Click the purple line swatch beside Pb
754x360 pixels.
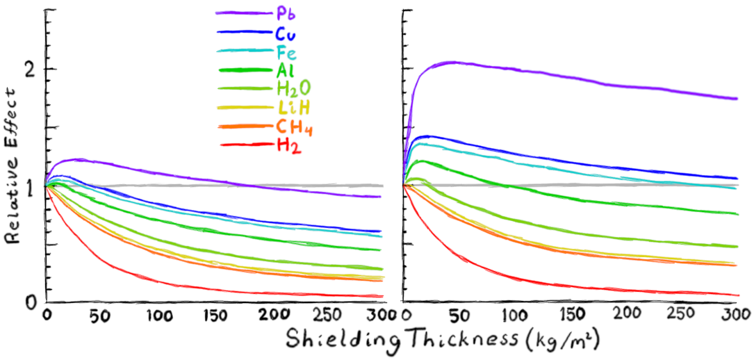pyautogui.click(x=243, y=13)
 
